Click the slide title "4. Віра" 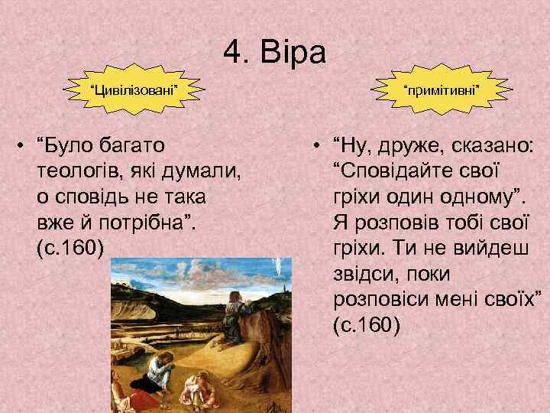tap(275, 53)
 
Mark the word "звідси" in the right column tap(364, 274)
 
